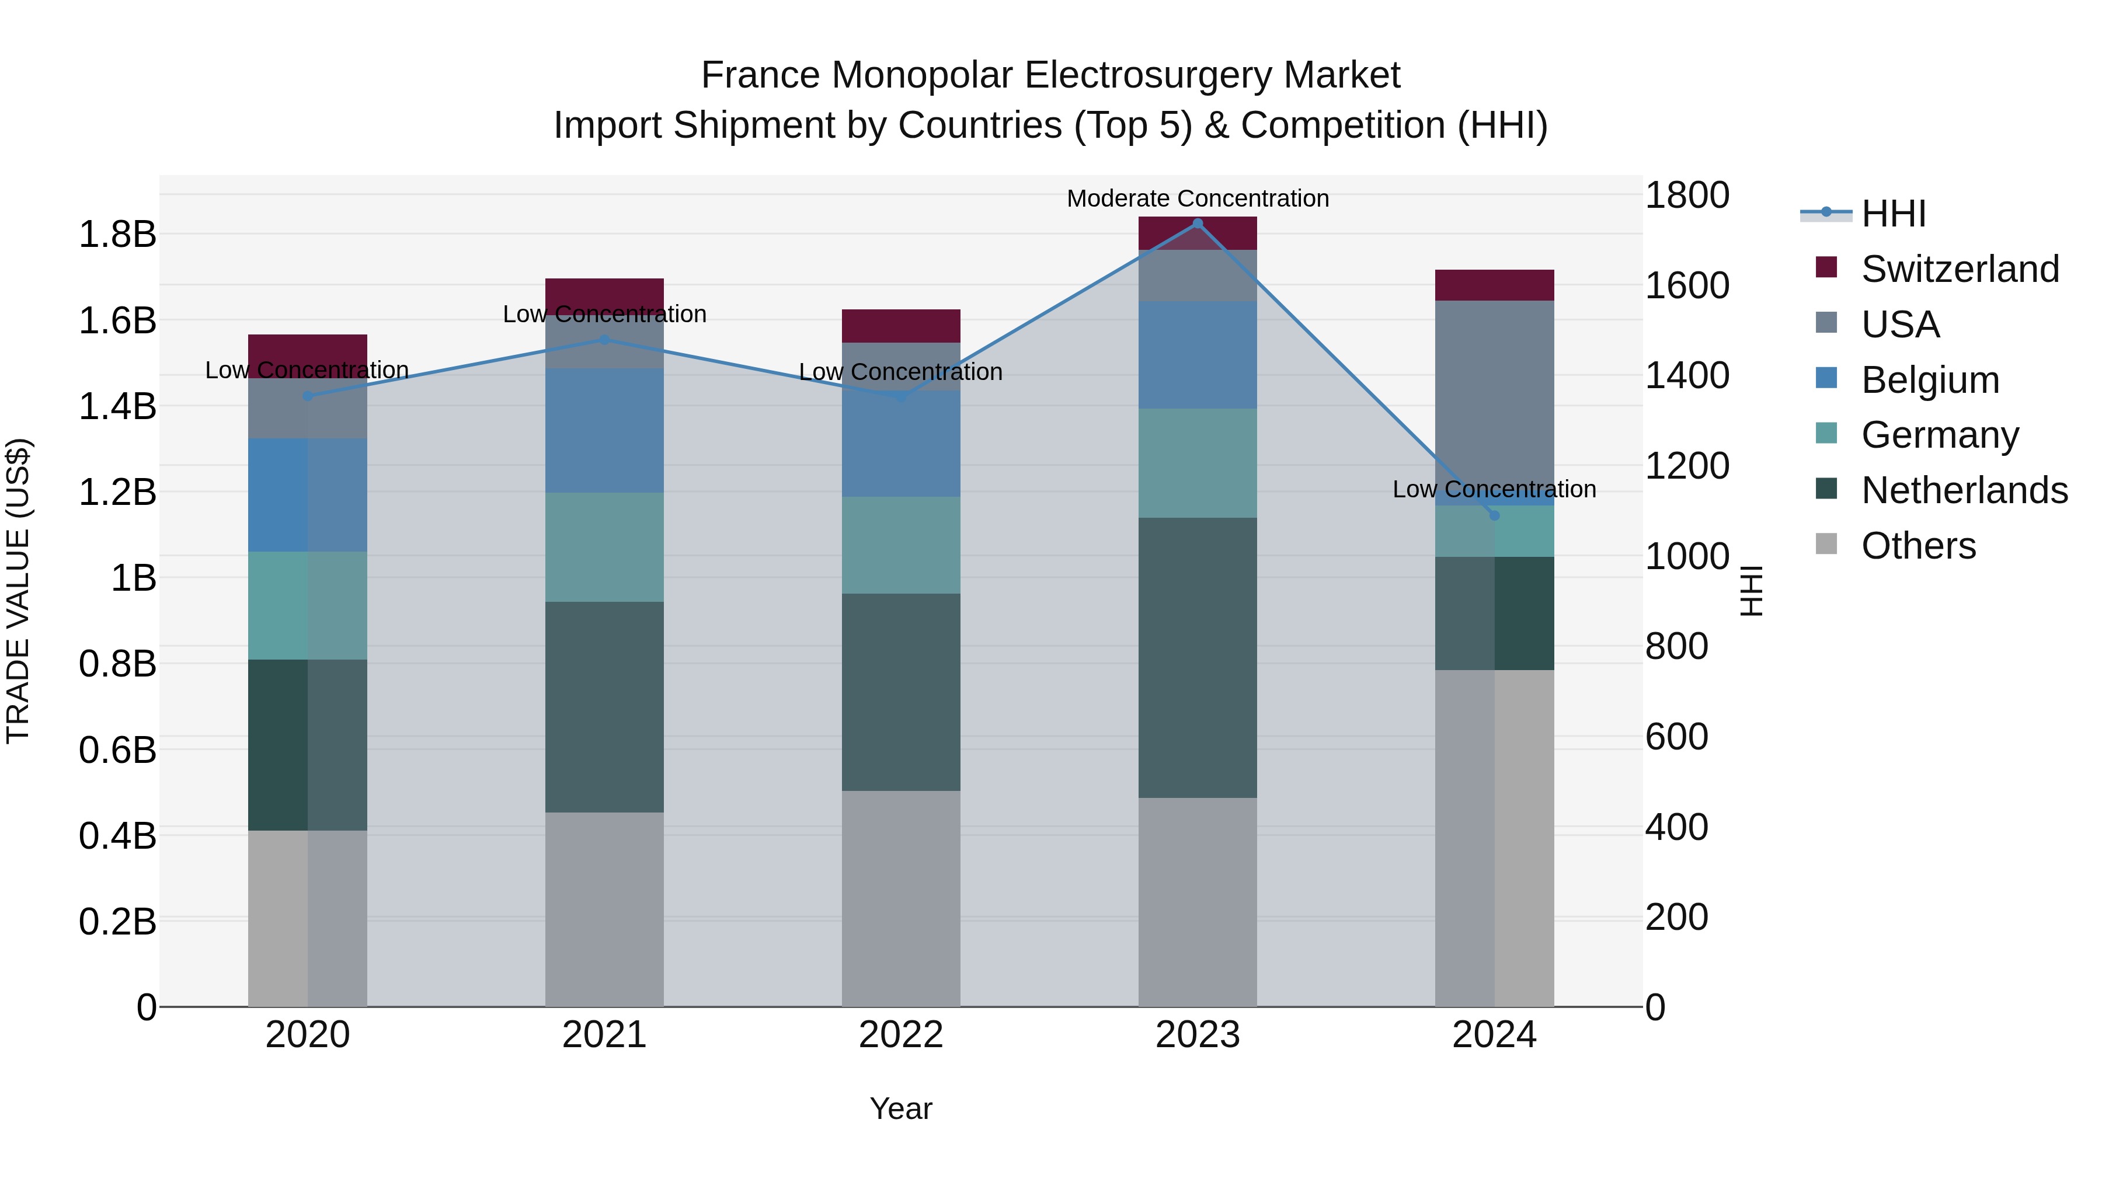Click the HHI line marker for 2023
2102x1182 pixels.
coord(1197,224)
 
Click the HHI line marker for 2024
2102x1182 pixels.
coord(1494,515)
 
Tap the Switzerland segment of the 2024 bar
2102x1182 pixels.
coord(1494,285)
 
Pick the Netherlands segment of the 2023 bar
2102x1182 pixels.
coord(1197,657)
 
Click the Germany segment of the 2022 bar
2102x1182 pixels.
coord(901,545)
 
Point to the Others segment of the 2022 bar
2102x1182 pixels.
coord(901,897)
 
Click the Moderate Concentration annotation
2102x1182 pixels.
coord(1197,198)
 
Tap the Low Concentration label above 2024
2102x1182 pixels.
coord(1494,490)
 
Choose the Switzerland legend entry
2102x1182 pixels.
coord(1958,269)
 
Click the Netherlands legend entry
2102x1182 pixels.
coord(1962,490)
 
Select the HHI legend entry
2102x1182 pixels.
coord(1893,214)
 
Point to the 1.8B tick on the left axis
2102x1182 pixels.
coord(117,235)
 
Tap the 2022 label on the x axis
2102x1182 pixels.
coord(901,1035)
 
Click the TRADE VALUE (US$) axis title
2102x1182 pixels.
coord(18,591)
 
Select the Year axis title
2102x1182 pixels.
coord(901,1108)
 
